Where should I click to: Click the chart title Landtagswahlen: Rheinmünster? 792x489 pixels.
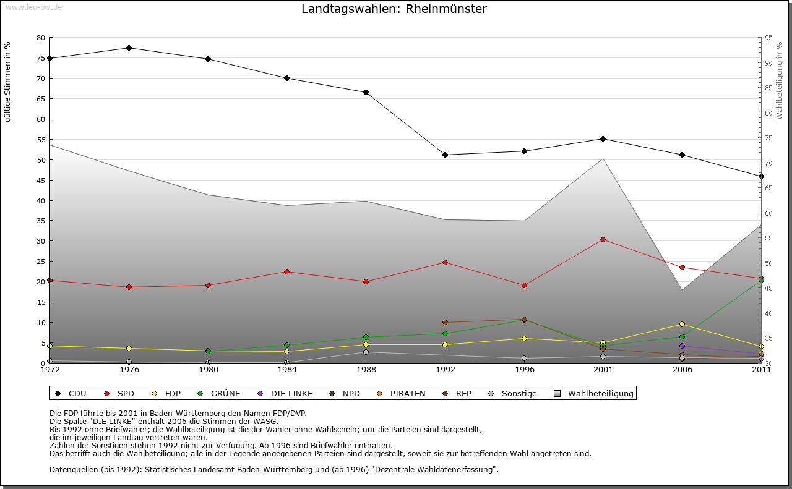coord(394,9)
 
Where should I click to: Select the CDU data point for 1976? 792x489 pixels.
coord(129,48)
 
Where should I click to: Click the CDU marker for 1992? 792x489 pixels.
coord(445,155)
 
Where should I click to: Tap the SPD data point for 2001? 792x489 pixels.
coord(603,239)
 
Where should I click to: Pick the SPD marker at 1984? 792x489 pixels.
coord(287,271)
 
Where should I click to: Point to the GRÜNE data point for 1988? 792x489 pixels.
coord(366,337)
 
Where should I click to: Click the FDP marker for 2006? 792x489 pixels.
coord(682,324)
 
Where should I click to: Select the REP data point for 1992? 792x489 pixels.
coord(445,322)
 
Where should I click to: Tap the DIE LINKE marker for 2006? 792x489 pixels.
coord(682,346)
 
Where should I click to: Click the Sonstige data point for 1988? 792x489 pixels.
coord(366,352)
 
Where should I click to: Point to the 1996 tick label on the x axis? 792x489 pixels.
coord(524,370)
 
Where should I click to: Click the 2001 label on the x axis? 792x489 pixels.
coord(603,370)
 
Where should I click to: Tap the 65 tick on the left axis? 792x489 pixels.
coord(41,98)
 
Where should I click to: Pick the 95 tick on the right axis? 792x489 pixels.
coord(768,38)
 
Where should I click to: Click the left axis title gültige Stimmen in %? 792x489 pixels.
coord(8,82)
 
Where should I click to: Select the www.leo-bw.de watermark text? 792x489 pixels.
coord(33,7)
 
